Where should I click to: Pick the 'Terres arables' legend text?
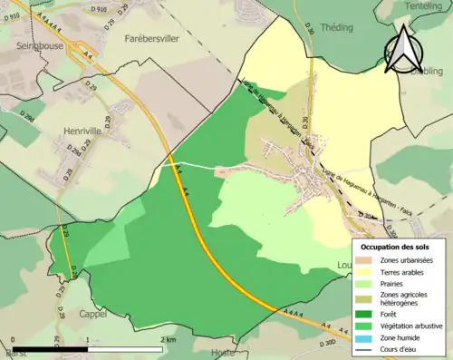coord(406,271)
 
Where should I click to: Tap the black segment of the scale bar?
coord(51,348)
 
